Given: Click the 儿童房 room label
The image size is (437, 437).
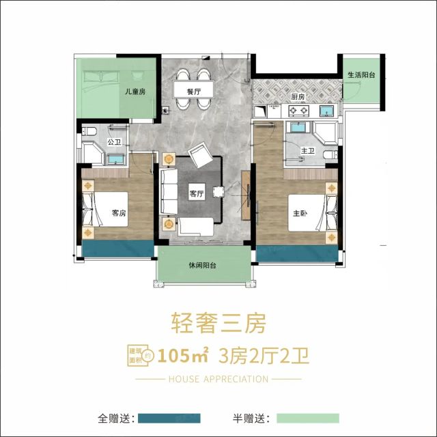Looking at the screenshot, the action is [135, 91].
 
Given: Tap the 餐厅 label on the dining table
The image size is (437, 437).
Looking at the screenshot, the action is [194, 91].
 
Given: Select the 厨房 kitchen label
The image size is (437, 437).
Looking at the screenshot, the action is [298, 97].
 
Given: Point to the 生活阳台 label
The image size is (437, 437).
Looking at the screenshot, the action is [361, 74].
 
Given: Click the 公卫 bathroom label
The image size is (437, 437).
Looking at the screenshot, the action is [115, 142].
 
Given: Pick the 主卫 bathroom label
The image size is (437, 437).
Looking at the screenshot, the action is [308, 151].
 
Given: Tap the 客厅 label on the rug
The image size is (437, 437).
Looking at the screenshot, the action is [197, 193].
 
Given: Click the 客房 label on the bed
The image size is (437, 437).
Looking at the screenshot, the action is [119, 213].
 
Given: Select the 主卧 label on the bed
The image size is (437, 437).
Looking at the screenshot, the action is [300, 214].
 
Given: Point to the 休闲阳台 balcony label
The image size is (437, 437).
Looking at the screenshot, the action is [203, 266].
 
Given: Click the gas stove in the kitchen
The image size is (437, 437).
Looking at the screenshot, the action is [299, 111].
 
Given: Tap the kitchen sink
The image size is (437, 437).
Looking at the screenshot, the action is [326, 111].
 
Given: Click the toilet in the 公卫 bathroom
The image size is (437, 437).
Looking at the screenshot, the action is [89, 130].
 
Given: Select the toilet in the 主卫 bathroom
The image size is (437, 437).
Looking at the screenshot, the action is [330, 154].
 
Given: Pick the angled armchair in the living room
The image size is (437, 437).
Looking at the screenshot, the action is [200, 155].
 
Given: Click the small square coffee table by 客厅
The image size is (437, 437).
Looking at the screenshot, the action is [218, 192].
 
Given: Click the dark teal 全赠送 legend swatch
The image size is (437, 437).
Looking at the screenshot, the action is [169, 418].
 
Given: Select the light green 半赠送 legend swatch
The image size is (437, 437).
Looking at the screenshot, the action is [308, 418].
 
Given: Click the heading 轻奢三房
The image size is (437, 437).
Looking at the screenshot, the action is [218, 323].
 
